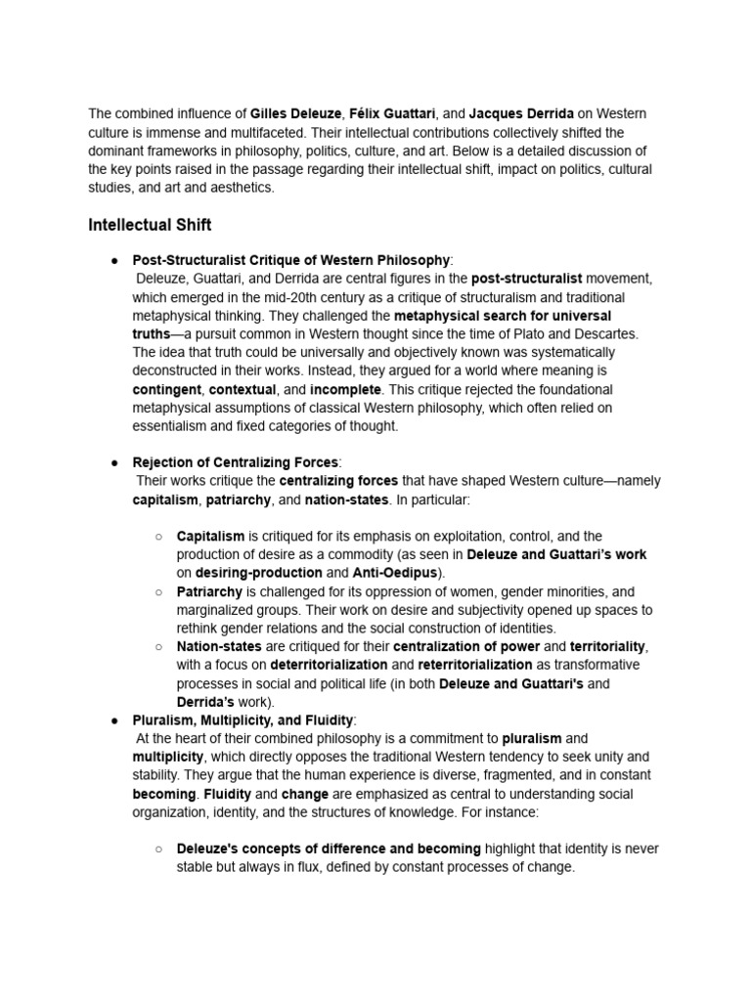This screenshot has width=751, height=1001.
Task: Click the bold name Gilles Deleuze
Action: click(x=291, y=114)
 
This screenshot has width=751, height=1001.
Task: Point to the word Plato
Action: click(x=536, y=334)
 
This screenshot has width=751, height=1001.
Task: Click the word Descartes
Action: click(x=606, y=334)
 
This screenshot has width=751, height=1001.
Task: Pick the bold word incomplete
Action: click(x=346, y=389)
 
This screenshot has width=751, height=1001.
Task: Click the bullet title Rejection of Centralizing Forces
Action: click(x=235, y=462)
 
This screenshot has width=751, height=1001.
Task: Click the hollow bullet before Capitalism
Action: click(x=159, y=537)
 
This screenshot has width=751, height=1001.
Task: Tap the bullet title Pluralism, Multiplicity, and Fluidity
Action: click(x=243, y=720)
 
